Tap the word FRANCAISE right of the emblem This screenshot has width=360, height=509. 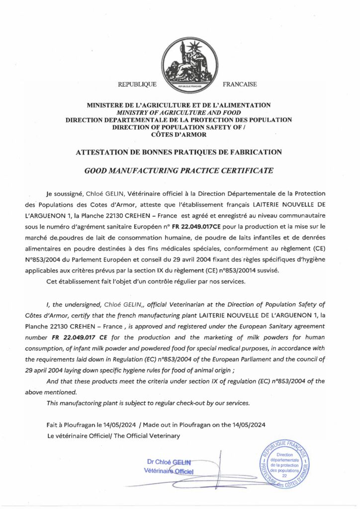coord(240,85)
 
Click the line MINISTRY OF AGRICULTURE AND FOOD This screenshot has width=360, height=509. coord(180,112)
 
